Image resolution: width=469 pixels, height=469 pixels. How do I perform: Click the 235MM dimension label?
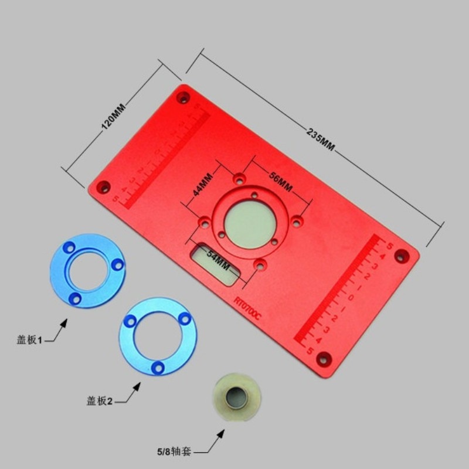click(x=320, y=139)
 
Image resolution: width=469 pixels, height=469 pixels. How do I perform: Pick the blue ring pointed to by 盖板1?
click(x=87, y=271)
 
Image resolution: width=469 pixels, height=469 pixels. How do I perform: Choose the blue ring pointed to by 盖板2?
click(x=158, y=336)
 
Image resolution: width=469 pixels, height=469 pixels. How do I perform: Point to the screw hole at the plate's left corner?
click(x=104, y=186)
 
